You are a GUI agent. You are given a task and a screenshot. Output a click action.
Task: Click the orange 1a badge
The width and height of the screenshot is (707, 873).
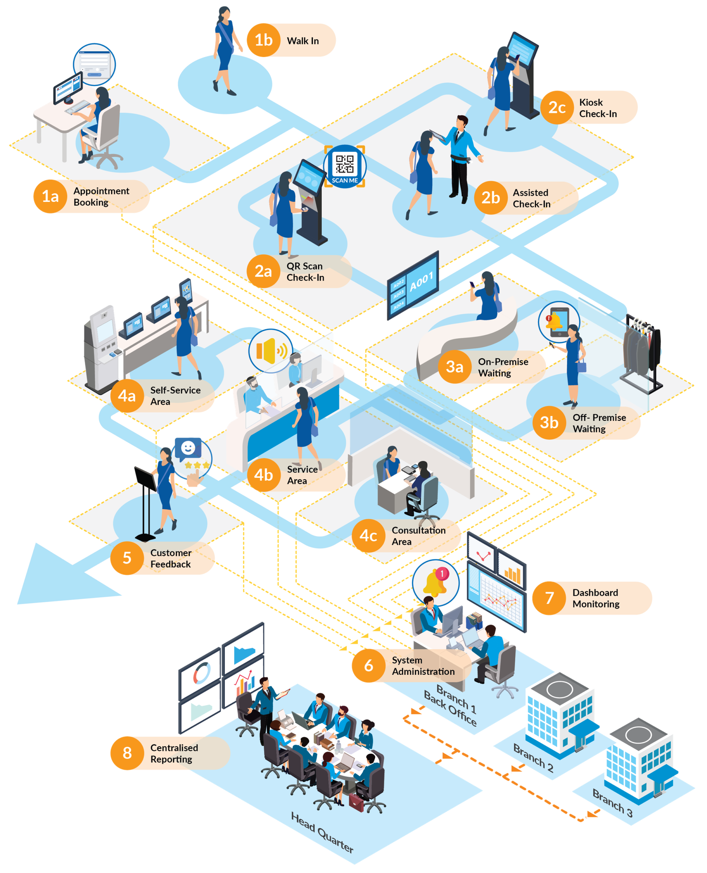coord(50,197)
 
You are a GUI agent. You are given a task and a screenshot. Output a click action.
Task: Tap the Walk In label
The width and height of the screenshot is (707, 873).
coord(303,41)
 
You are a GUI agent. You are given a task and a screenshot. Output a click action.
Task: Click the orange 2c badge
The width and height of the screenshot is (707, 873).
coord(557,107)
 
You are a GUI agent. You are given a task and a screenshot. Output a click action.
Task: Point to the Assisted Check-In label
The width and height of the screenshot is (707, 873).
coord(532,198)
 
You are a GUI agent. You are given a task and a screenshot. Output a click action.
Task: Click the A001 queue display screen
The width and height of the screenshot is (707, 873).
coord(413,285)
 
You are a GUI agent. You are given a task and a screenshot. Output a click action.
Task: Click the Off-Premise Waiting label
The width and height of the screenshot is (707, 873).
coord(599,423)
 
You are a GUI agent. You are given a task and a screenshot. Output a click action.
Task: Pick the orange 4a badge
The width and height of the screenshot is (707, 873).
coord(127,396)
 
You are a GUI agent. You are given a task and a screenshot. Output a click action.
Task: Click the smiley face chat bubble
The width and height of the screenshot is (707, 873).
coord(188,448)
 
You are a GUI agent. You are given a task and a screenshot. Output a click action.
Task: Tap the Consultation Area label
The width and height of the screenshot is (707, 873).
coord(418,536)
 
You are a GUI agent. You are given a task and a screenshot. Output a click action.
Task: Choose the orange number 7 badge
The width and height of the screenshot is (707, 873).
coord(549,598)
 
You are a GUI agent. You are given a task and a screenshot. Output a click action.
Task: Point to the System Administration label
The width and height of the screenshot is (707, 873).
coord(423,666)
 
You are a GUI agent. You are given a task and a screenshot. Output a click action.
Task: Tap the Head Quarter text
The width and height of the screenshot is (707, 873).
coord(322,832)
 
